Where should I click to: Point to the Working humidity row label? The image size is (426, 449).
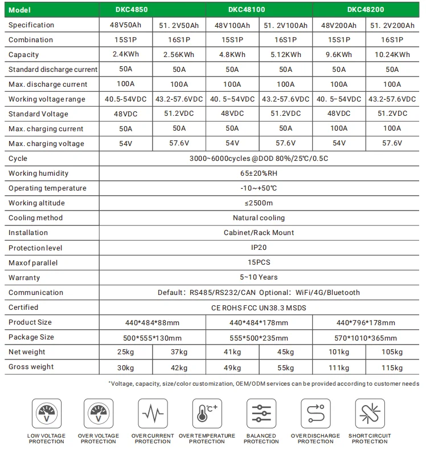click(39, 173)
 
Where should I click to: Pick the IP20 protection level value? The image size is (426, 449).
click(259, 248)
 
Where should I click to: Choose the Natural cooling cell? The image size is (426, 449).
click(259, 218)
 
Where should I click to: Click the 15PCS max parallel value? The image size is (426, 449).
click(259, 263)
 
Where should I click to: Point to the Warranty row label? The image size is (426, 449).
click(24, 278)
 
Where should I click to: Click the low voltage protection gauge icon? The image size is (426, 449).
click(46, 412)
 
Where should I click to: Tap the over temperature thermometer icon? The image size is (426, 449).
click(206, 412)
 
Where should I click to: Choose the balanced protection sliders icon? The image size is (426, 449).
click(261, 412)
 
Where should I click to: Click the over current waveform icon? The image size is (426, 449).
click(153, 412)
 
